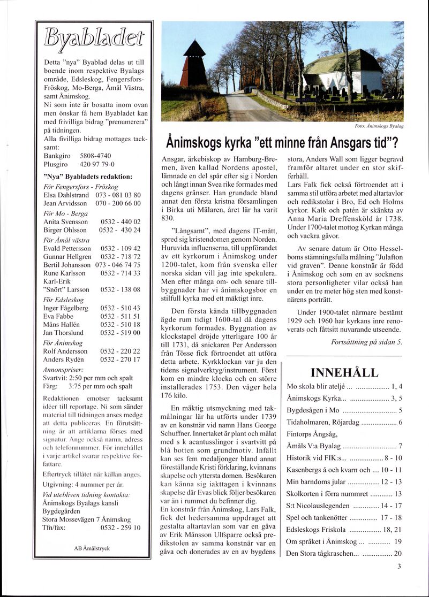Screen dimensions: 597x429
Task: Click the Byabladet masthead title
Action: (94, 38)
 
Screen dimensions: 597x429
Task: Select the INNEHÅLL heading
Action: (344, 373)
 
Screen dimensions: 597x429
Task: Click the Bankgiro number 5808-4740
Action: (95, 156)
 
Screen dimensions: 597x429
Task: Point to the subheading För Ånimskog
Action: (63, 343)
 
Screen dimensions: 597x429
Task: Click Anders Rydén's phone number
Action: (121, 359)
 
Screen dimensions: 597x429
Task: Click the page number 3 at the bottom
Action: (399, 567)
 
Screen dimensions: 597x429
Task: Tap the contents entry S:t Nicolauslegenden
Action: (319, 506)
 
